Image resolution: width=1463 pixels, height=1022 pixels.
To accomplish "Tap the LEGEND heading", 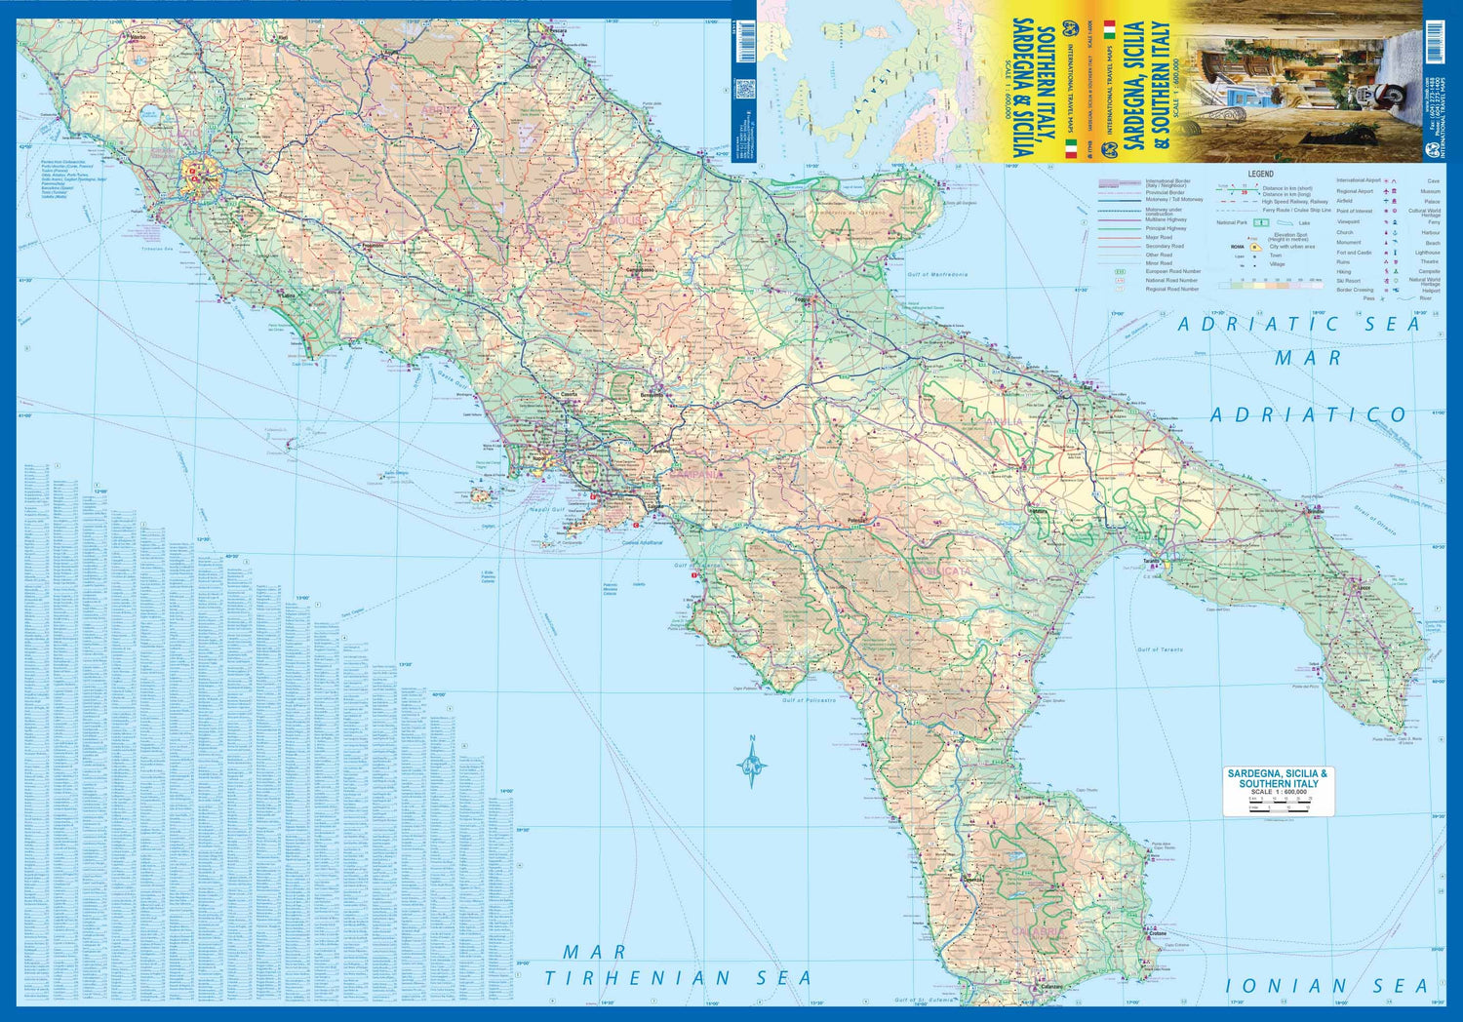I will pos(1260,174).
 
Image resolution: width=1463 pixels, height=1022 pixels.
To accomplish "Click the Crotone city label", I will pos(1157,933).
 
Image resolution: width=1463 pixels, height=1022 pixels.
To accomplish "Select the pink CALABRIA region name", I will pos(1037,932).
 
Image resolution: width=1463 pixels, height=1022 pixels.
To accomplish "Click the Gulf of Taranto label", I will pos(1160,649).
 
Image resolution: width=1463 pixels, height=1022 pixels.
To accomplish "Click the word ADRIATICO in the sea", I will pos(1308,415).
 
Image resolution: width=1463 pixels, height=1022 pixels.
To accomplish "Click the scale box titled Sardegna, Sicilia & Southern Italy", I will pos(1278,791).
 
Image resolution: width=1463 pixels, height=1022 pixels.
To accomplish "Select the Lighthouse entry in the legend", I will pos(1427,253).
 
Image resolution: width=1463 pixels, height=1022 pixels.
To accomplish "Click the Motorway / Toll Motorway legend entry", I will pos(1173,200).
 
